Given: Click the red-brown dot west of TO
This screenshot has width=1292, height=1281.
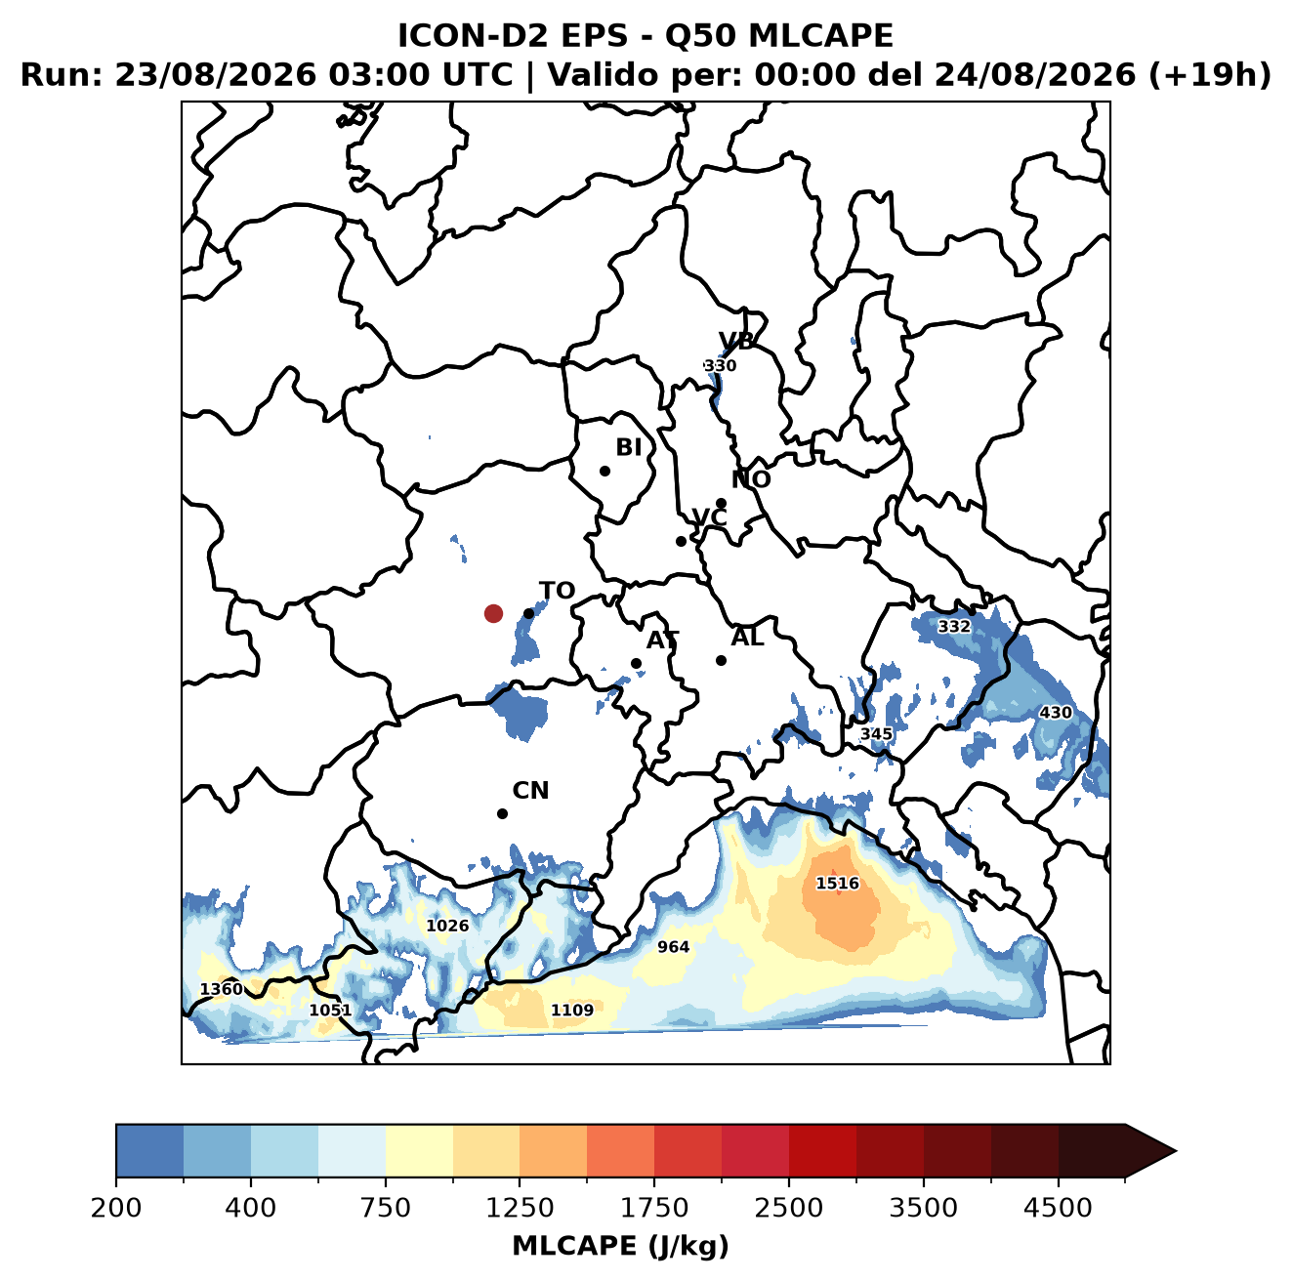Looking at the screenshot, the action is (493, 613).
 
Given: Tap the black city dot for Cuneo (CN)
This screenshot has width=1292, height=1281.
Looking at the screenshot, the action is (502, 813).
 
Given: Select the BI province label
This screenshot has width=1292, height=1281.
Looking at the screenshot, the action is (628, 447).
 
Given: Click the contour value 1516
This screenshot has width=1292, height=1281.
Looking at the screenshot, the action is (837, 883).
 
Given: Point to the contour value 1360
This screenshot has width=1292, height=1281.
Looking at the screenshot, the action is (222, 989).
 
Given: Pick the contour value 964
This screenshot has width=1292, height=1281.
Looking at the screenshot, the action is (673, 946).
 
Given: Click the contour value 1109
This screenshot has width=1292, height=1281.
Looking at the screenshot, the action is (571, 1010).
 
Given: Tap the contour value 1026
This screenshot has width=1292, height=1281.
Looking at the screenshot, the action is (447, 926).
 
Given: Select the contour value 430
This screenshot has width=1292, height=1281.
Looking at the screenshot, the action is (1055, 713).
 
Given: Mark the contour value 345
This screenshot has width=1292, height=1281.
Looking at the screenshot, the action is (876, 734).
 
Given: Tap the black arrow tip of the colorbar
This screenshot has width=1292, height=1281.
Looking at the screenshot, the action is (1176, 1151).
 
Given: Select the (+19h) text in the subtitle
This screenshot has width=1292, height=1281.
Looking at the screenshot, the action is (1209, 74).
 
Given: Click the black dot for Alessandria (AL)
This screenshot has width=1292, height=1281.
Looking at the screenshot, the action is (721, 660).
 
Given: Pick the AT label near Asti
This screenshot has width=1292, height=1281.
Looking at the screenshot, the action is (662, 640).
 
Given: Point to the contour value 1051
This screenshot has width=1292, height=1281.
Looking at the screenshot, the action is (330, 1010).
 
